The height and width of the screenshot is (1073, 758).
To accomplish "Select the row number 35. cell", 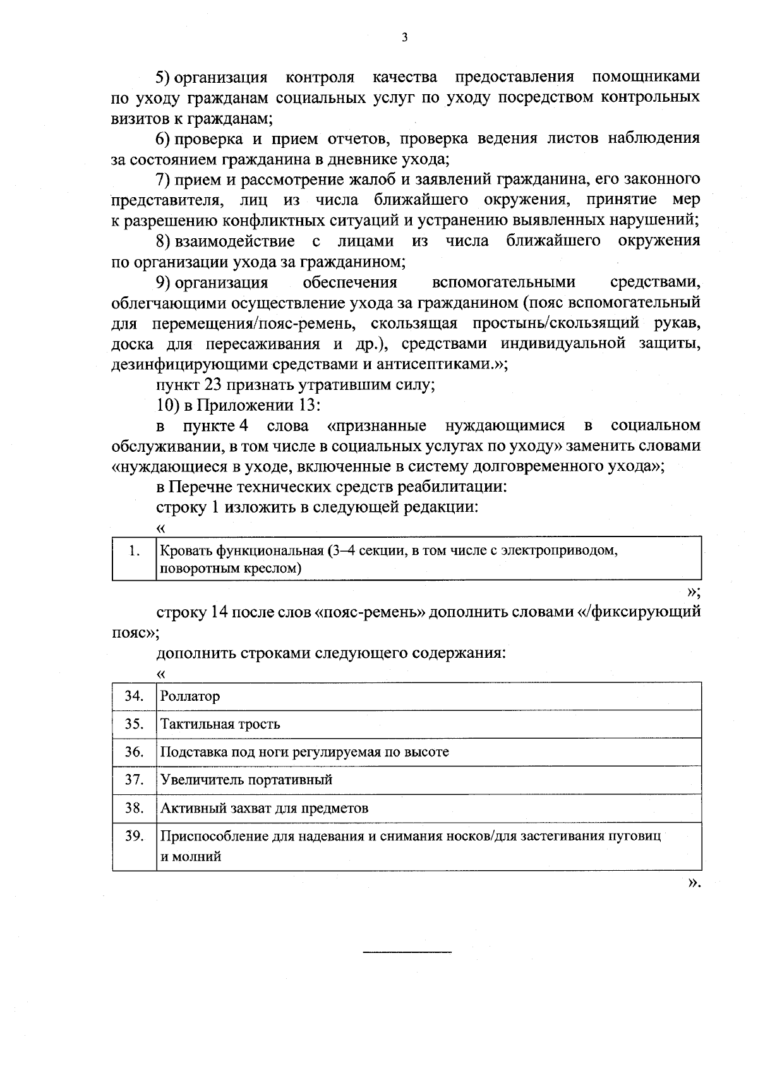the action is pos(134,724).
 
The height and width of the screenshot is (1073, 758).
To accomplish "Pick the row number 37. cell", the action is pos(134,779).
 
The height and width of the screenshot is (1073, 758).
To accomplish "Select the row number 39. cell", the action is pos(134,836).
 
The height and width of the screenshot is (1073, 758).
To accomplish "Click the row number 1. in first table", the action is pos(134,550).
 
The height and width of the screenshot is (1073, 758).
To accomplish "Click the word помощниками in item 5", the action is pos(646,77).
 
